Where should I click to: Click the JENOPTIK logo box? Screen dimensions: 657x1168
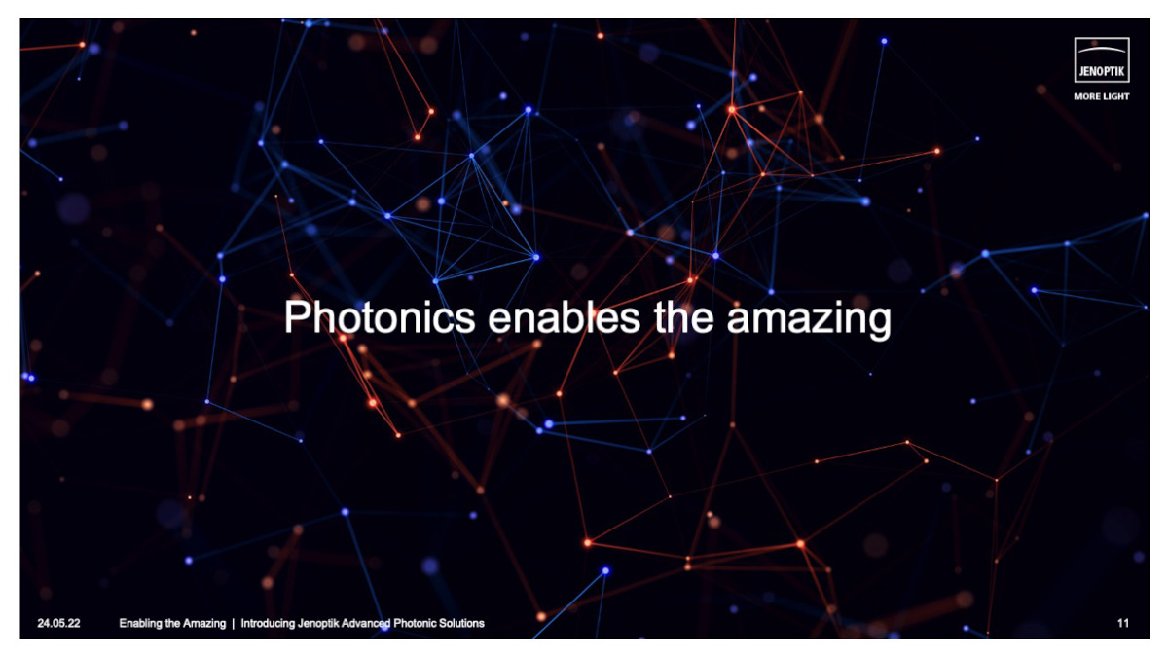(1102, 61)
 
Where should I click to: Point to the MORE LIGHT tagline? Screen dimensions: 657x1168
(1102, 97)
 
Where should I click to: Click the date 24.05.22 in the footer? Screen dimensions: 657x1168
(58, 623)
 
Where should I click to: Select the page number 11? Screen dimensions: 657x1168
(1123, 623)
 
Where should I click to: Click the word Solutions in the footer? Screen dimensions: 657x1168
(461, 623)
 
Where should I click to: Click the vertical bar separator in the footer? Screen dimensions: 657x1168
(234, 623)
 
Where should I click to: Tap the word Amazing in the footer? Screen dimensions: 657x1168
(204, 623)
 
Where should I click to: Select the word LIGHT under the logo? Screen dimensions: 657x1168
(1115, 97)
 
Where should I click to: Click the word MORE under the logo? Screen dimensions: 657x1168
(1087, 97)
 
